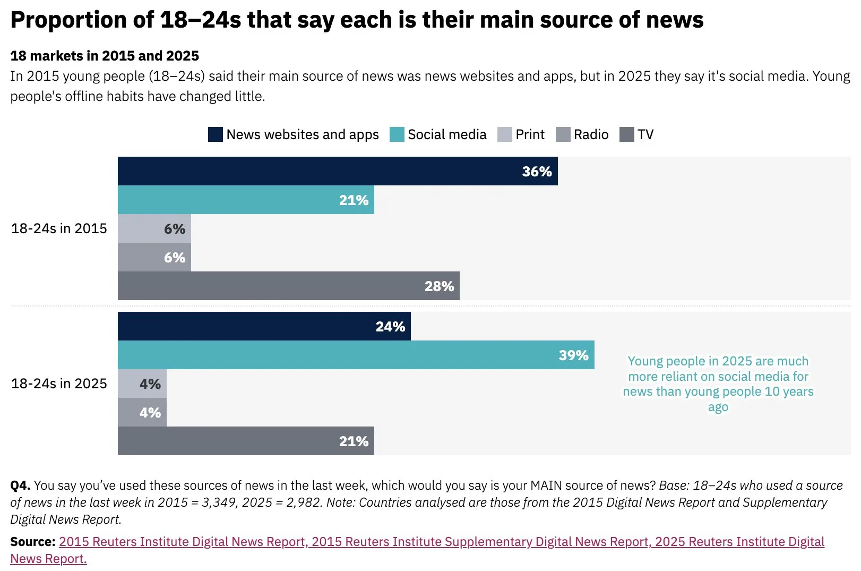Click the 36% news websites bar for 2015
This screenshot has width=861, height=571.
tap(338, 171)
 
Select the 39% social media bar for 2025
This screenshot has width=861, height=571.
tap(356, 355)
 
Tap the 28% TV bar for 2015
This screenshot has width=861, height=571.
tap(288, 286)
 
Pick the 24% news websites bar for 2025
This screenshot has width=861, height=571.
tap(264, 326)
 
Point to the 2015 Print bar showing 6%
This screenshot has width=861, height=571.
tap(154, 228)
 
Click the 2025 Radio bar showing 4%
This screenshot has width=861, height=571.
tap(142, 412)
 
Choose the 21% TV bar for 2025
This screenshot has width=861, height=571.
tap(246, 441)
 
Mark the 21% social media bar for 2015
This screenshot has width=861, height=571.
tap(246, 200)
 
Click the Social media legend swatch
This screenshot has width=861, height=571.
tap(397, 134)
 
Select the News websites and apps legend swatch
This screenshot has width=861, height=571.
tap(216, 134)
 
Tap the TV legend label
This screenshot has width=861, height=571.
tap(645, 134)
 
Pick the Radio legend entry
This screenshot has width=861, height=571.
tap(582, 134)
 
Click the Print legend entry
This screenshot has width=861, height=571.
tap(521, 134)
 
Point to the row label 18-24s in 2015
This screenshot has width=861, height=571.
tap(59, 228)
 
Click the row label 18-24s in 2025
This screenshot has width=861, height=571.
tap(59, 383)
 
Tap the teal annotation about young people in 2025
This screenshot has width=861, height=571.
tap(718, 383)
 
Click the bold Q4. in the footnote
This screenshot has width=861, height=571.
tap(20, 485)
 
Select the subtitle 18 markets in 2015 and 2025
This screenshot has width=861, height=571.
tap(105, 56)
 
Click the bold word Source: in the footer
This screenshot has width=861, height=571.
tap(32, 542)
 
